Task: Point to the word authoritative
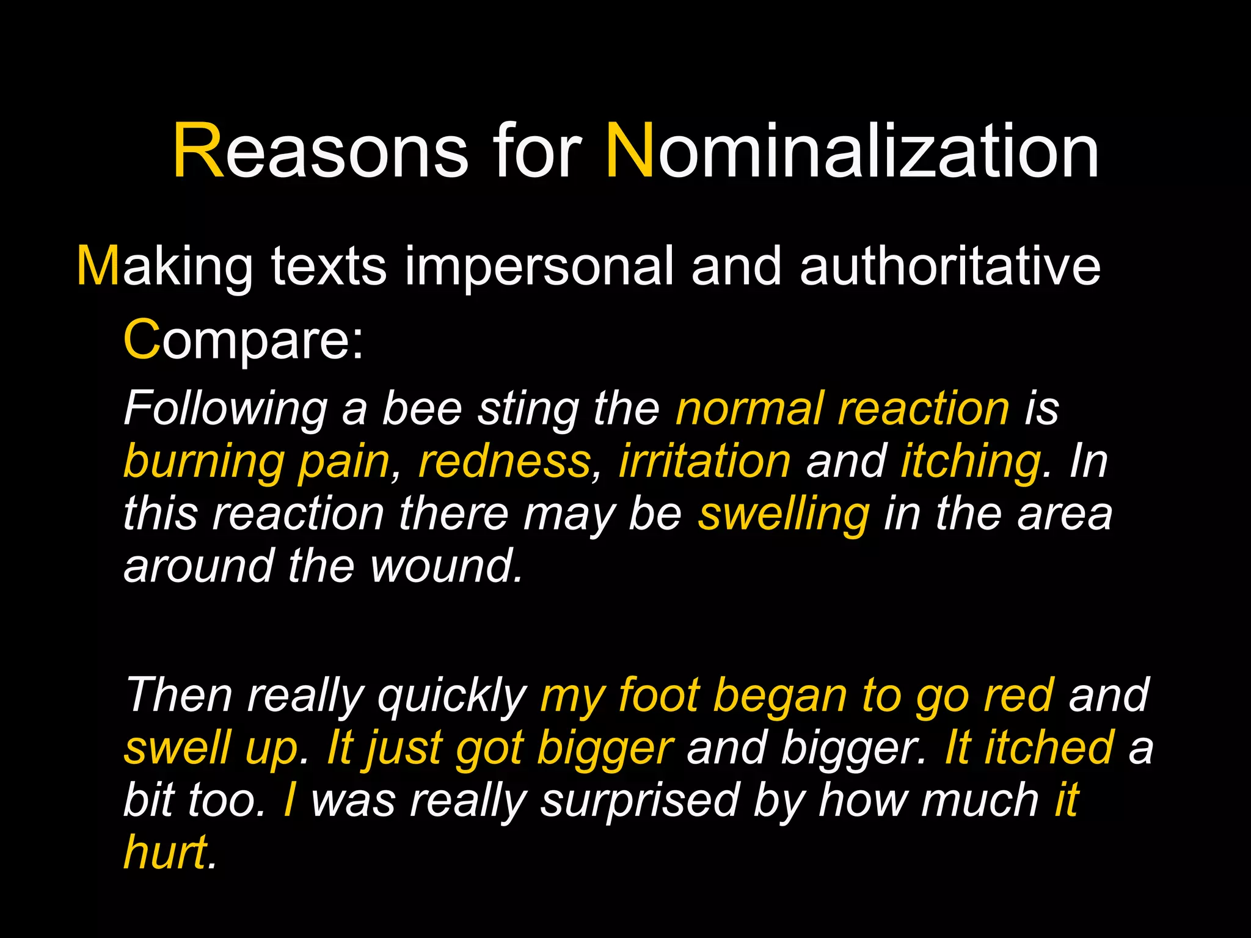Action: coord(950,267)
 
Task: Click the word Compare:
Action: coord(243,341)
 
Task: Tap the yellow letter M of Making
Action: coord(98,267)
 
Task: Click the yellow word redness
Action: coord(505,461)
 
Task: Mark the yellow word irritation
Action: coord(705,461)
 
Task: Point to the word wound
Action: coord(446,566)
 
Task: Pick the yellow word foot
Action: coord(658,696)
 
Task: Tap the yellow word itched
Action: coord(1049,748)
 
